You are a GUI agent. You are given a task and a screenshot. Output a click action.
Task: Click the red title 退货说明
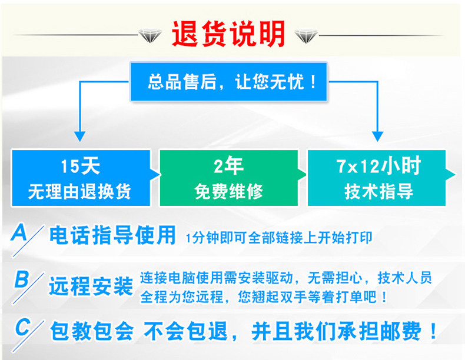[x=228, y=34]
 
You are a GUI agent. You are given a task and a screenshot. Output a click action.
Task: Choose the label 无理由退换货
[x=80, y=192]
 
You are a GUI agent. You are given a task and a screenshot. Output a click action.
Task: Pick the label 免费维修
[x=228, y=192]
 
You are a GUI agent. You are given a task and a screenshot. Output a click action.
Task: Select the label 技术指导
[x=379, y=192]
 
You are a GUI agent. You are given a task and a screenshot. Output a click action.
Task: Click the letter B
[x=21, y=279]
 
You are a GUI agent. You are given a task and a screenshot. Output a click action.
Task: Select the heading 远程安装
[x=91, y=286]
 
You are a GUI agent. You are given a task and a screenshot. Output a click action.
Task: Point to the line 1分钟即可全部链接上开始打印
[x=278, y=238]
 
